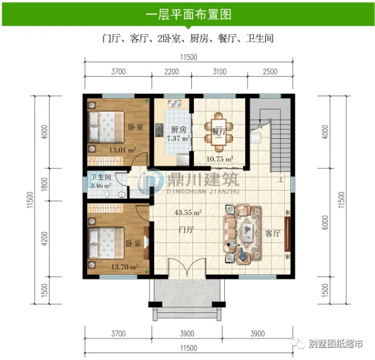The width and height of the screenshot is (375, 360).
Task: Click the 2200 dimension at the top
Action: [x=171, y=72]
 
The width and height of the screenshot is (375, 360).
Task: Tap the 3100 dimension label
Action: [x=220, y=72]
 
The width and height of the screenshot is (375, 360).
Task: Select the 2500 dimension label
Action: [x=270, y=72]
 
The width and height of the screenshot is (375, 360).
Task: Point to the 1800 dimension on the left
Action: [x=44, y=184]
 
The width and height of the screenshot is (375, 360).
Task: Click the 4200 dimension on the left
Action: [x=44, y=238]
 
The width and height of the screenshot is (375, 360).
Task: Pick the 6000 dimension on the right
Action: [x=325, y=222]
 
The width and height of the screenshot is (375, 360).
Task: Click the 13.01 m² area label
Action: [x=123, y=150]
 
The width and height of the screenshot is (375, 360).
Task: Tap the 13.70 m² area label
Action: [x=124, y=267]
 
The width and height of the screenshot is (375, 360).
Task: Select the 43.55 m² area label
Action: [x=187, y=212]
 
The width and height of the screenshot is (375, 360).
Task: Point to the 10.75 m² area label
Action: [x=220, y=159]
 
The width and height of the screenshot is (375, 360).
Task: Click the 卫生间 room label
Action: [x=101, y=177]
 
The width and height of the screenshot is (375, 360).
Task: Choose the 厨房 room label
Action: [x=178, y=130]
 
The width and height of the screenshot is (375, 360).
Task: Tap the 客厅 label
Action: [x=272, y=233]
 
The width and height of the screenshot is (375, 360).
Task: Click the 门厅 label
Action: [x=186, y=230]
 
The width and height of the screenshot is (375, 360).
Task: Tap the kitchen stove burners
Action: [x=159, y=130]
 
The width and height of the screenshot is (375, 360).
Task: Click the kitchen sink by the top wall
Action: [x=175, y=103]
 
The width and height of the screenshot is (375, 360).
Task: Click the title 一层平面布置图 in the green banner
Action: [x=189, y=14]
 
